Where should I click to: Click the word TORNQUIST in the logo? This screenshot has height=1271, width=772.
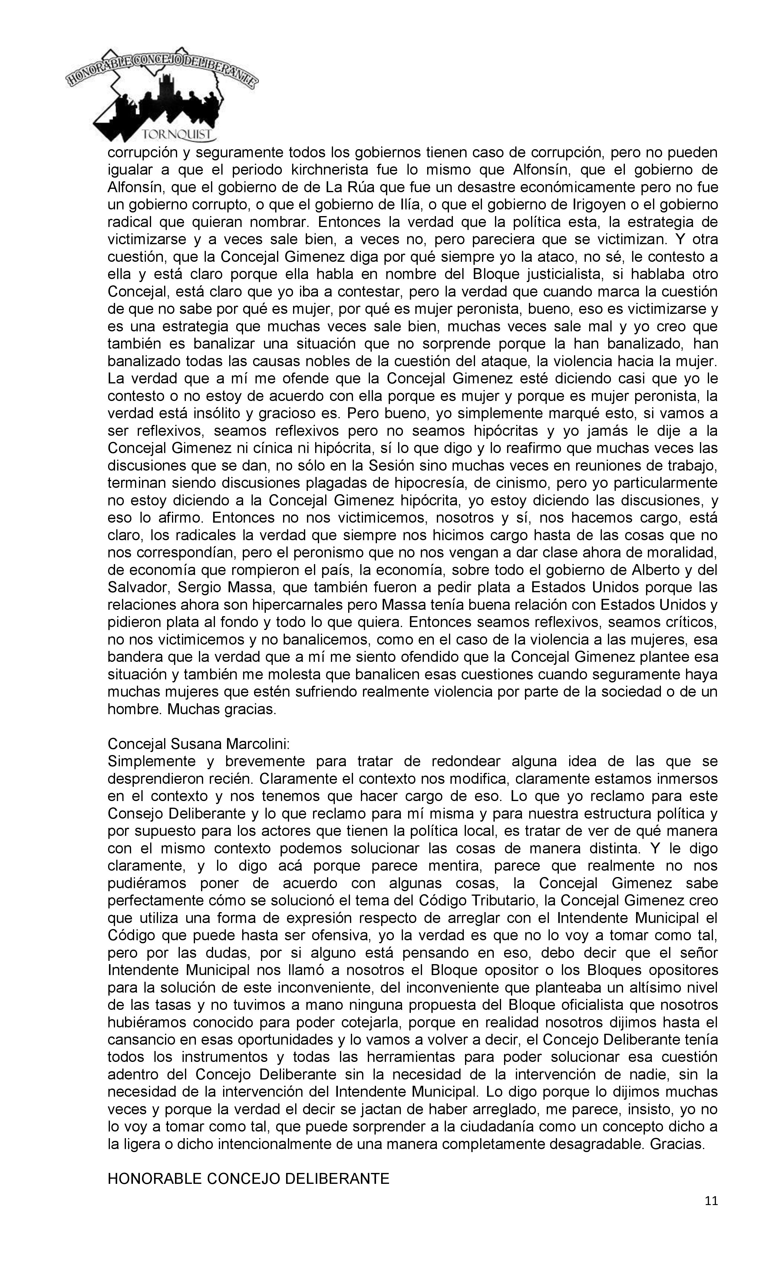(177, 135)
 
